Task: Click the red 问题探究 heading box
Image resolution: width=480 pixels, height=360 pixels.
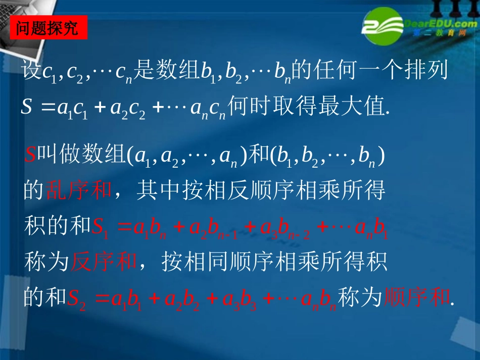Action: pyautogui.click(x=49, y=27)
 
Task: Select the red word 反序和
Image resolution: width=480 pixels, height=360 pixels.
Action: pyautogui.click(x=104, y=262)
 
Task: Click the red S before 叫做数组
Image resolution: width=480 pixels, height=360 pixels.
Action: pyautogui.click(x=29, y=156)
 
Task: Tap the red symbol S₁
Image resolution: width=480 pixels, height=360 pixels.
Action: pyautogui.click(x=100, y=227)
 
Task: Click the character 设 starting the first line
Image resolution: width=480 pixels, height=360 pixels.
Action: pyautogui.click(x=31, y=71)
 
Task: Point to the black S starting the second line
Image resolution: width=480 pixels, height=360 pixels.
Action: pyautogui.click(x=27, y=107)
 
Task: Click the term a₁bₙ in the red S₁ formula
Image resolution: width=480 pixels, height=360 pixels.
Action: pyautogui.click(x=151, y=227)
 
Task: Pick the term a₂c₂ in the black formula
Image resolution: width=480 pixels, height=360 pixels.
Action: pyautogui.click(x=129, y=108)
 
